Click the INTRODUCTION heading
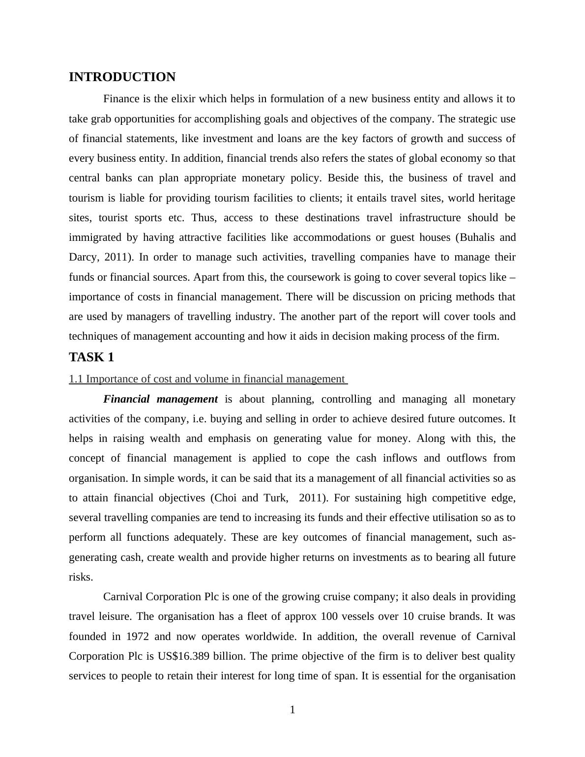pos(122,77)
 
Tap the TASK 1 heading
pos(91,357)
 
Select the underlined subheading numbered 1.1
pos(207,379)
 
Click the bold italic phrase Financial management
pos(160,399)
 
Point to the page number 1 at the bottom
pos(292,710)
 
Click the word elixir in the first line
pos(181,99)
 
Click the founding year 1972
pos(138,637)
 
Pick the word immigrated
pos(96,237)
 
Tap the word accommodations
pos(332,237)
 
